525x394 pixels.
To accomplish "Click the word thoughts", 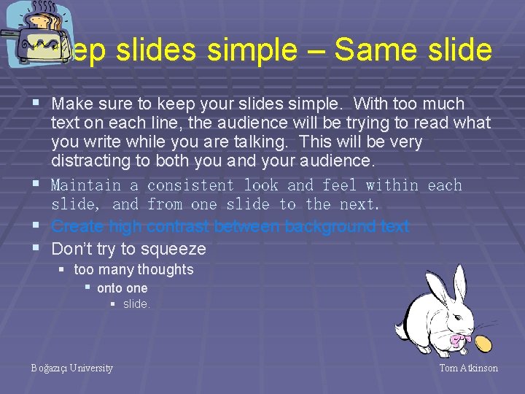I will [166, 269].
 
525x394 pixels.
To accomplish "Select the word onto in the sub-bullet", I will [109, 288].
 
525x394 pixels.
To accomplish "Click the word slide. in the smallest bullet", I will [137, 304].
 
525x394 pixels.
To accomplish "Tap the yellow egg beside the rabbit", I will [483, 343].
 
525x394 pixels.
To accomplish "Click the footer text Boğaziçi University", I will [72, 368].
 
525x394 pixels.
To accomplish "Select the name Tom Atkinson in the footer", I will [468, 368].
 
